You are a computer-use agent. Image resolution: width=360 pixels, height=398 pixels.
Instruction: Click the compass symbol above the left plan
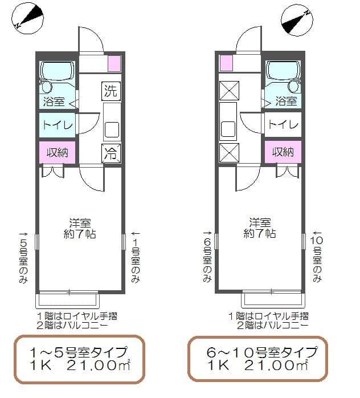click(x=27, y=18)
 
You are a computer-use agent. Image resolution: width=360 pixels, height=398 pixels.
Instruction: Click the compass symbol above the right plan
click(x=297, y=20)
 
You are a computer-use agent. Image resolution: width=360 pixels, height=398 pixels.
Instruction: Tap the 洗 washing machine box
click(x=111, y=91)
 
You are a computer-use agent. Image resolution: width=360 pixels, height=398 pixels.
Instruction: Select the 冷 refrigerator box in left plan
click(x=111, y=153)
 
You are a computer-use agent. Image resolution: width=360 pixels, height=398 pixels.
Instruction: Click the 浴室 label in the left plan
click(x=54, y=101)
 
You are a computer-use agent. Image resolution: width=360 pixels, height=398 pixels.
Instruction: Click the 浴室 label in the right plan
click(x=286, y=101)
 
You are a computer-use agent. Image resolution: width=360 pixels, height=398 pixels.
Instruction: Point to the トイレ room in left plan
click(x=58, y=125)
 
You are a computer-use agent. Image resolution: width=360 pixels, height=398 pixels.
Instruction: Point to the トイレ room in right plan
click(x=283, y=125)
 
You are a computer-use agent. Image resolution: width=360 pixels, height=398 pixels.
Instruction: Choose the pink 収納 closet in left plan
click(x=58, y=152)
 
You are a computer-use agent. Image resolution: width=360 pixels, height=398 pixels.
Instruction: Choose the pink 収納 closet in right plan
click(x=283, y=152)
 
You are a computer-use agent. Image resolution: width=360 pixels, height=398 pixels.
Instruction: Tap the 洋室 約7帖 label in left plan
click(x=80, y=229)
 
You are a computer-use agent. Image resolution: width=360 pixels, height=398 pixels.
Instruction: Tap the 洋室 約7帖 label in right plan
click(x=260, y=228)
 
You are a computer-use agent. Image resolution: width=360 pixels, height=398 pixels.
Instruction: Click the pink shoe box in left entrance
click(x=114, y=63)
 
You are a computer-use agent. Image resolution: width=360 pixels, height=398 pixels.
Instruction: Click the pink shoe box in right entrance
click(x=226, y=63)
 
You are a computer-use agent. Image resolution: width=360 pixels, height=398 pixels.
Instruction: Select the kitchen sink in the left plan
click(x=112, y=129)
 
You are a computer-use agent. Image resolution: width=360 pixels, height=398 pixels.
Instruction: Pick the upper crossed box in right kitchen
click(x=229, y=91)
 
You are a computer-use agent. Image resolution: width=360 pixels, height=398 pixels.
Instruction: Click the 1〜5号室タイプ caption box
click(x=79, y=359)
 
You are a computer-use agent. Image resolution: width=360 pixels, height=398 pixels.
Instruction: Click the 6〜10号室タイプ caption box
click(x=257, y=359)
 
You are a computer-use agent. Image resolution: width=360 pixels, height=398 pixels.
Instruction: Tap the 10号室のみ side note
click(x=317, y=257)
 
